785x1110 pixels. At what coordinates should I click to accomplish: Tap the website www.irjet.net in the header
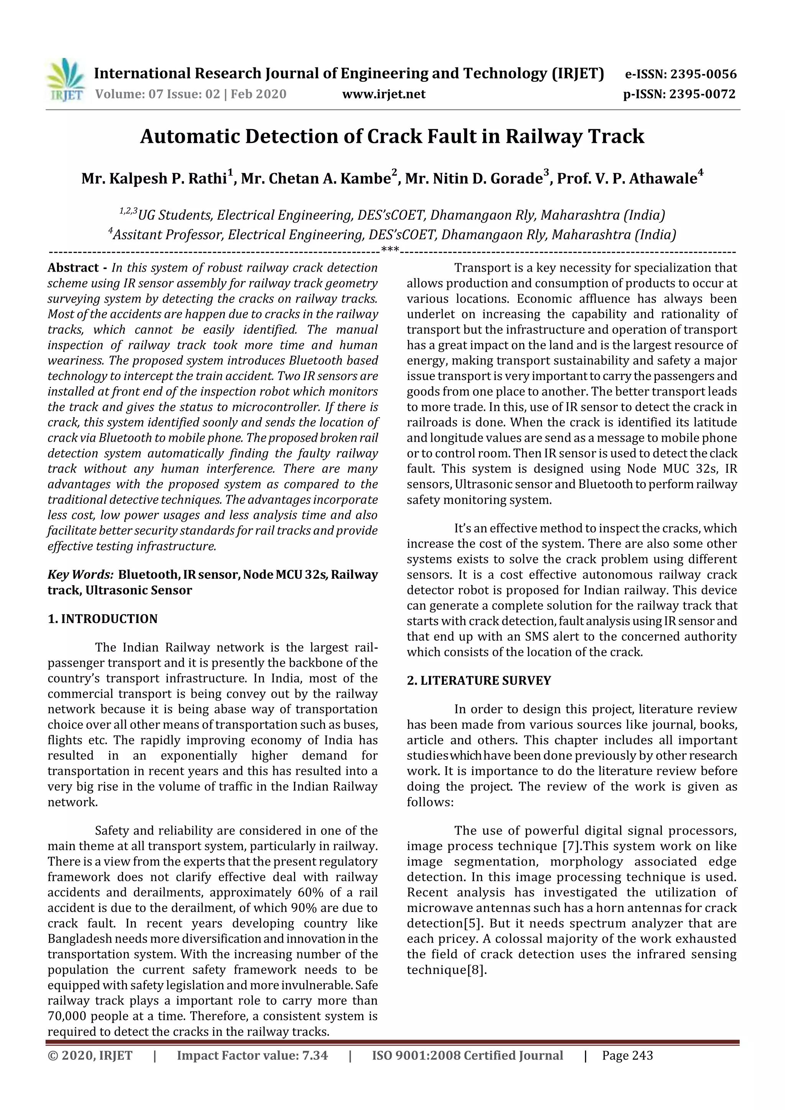[x=384, y=94]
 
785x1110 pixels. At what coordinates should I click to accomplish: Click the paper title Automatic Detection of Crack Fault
[x=392, y=137]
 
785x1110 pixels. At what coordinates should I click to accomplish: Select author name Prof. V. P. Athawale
[x=627, y=179]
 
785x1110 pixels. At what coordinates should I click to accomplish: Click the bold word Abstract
[x=73, y=268]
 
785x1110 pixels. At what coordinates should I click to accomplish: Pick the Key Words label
[x=80, y=575]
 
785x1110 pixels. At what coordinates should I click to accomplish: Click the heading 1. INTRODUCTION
[x=103, y=619]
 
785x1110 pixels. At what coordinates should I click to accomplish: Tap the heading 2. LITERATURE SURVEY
[x=479, y=681]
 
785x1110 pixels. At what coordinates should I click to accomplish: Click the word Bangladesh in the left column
[x=79, y=939]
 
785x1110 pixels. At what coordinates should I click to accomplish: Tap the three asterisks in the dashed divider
[x=390, y=251]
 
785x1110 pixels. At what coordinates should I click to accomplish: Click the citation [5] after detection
[x=472, y=923]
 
